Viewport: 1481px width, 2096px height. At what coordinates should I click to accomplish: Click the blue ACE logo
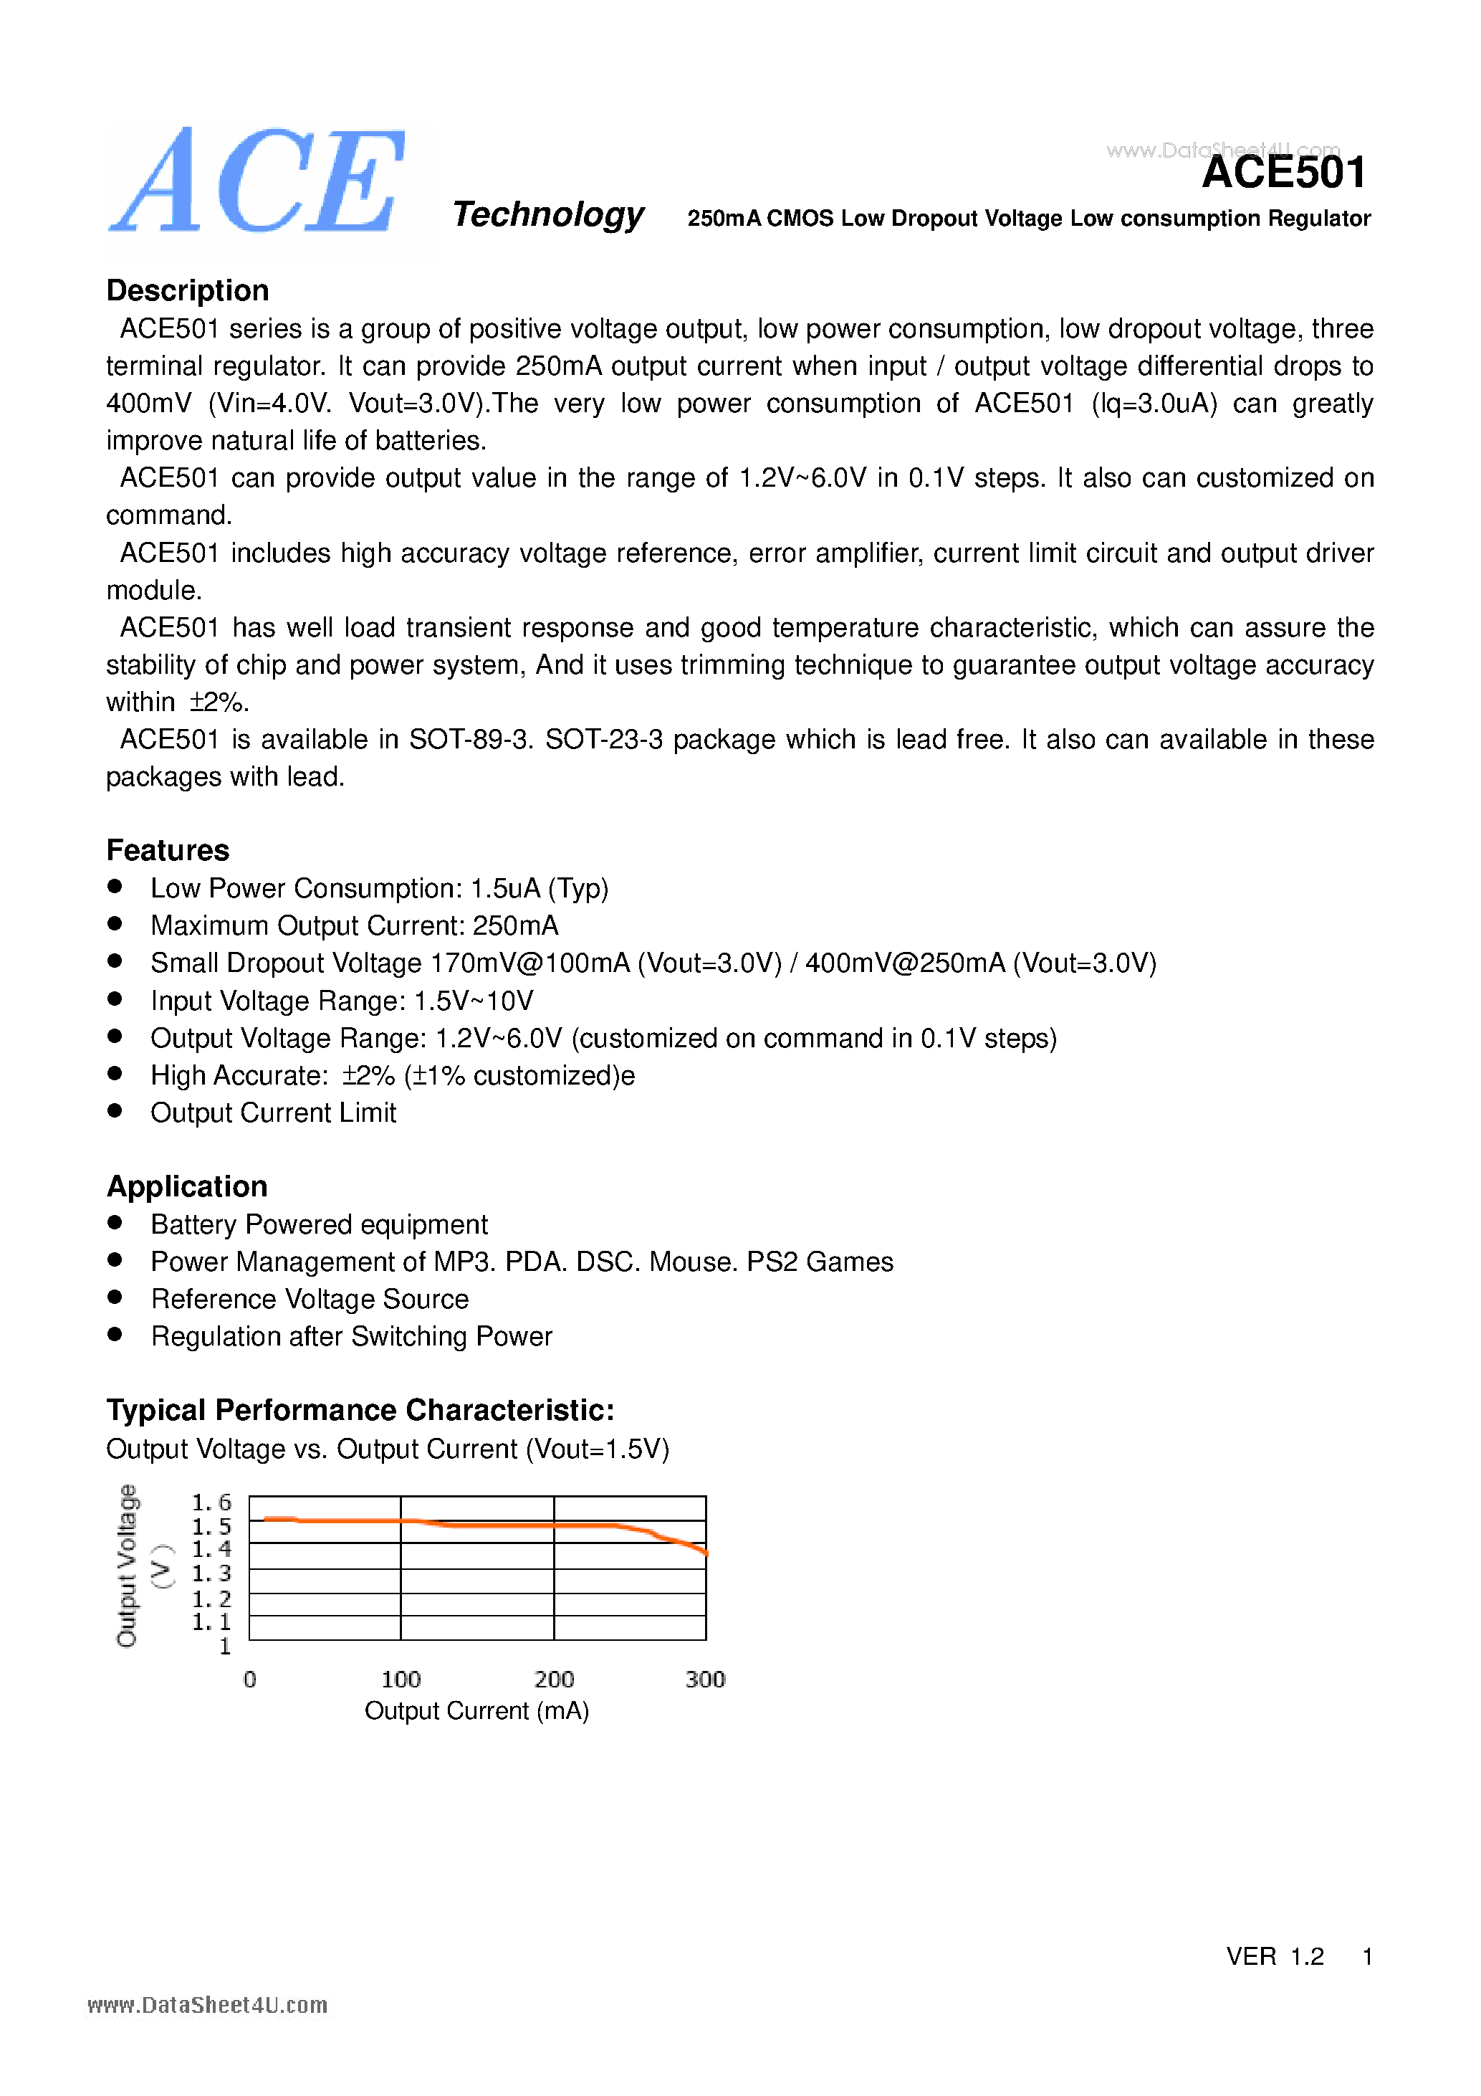pyautogui.click(x=258, y=183)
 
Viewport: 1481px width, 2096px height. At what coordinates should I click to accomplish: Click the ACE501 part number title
pyautogui.click(x=1283, y=173)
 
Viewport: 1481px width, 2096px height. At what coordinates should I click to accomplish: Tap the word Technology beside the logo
pyautogui.click(x=547, y=214)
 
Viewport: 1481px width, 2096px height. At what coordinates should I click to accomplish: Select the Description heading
pyautogui.click(x=187, y=290)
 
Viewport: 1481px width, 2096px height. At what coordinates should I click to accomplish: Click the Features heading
pyautogui.click(x=168, y=850)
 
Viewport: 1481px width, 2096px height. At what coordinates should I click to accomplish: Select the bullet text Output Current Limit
pyautogui.click(x=273, y=1113)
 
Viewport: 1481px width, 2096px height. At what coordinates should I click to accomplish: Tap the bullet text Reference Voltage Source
pyautogui.click(x=310, y=1299)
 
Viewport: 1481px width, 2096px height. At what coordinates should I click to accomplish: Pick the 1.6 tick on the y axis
pyautogui.click(x=211, y=1502)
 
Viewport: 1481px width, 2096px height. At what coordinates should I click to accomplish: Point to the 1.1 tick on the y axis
pyautogui.click(x=211, y=1622)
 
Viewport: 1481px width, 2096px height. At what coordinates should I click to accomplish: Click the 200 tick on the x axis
pyautogui.click(x=554, y=1679)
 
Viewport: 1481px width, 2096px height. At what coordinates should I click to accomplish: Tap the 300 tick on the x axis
pyautogui.click(x=704, y=1679)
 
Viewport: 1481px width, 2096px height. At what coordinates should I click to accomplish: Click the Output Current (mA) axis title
pyautogui.click(x=476, y=1711)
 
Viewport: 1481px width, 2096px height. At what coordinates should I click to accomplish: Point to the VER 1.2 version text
pyautogui.click(x=1274, y=1956)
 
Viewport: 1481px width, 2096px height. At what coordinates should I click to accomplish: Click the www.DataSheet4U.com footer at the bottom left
pyautogui.click(x=207, y=2006)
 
